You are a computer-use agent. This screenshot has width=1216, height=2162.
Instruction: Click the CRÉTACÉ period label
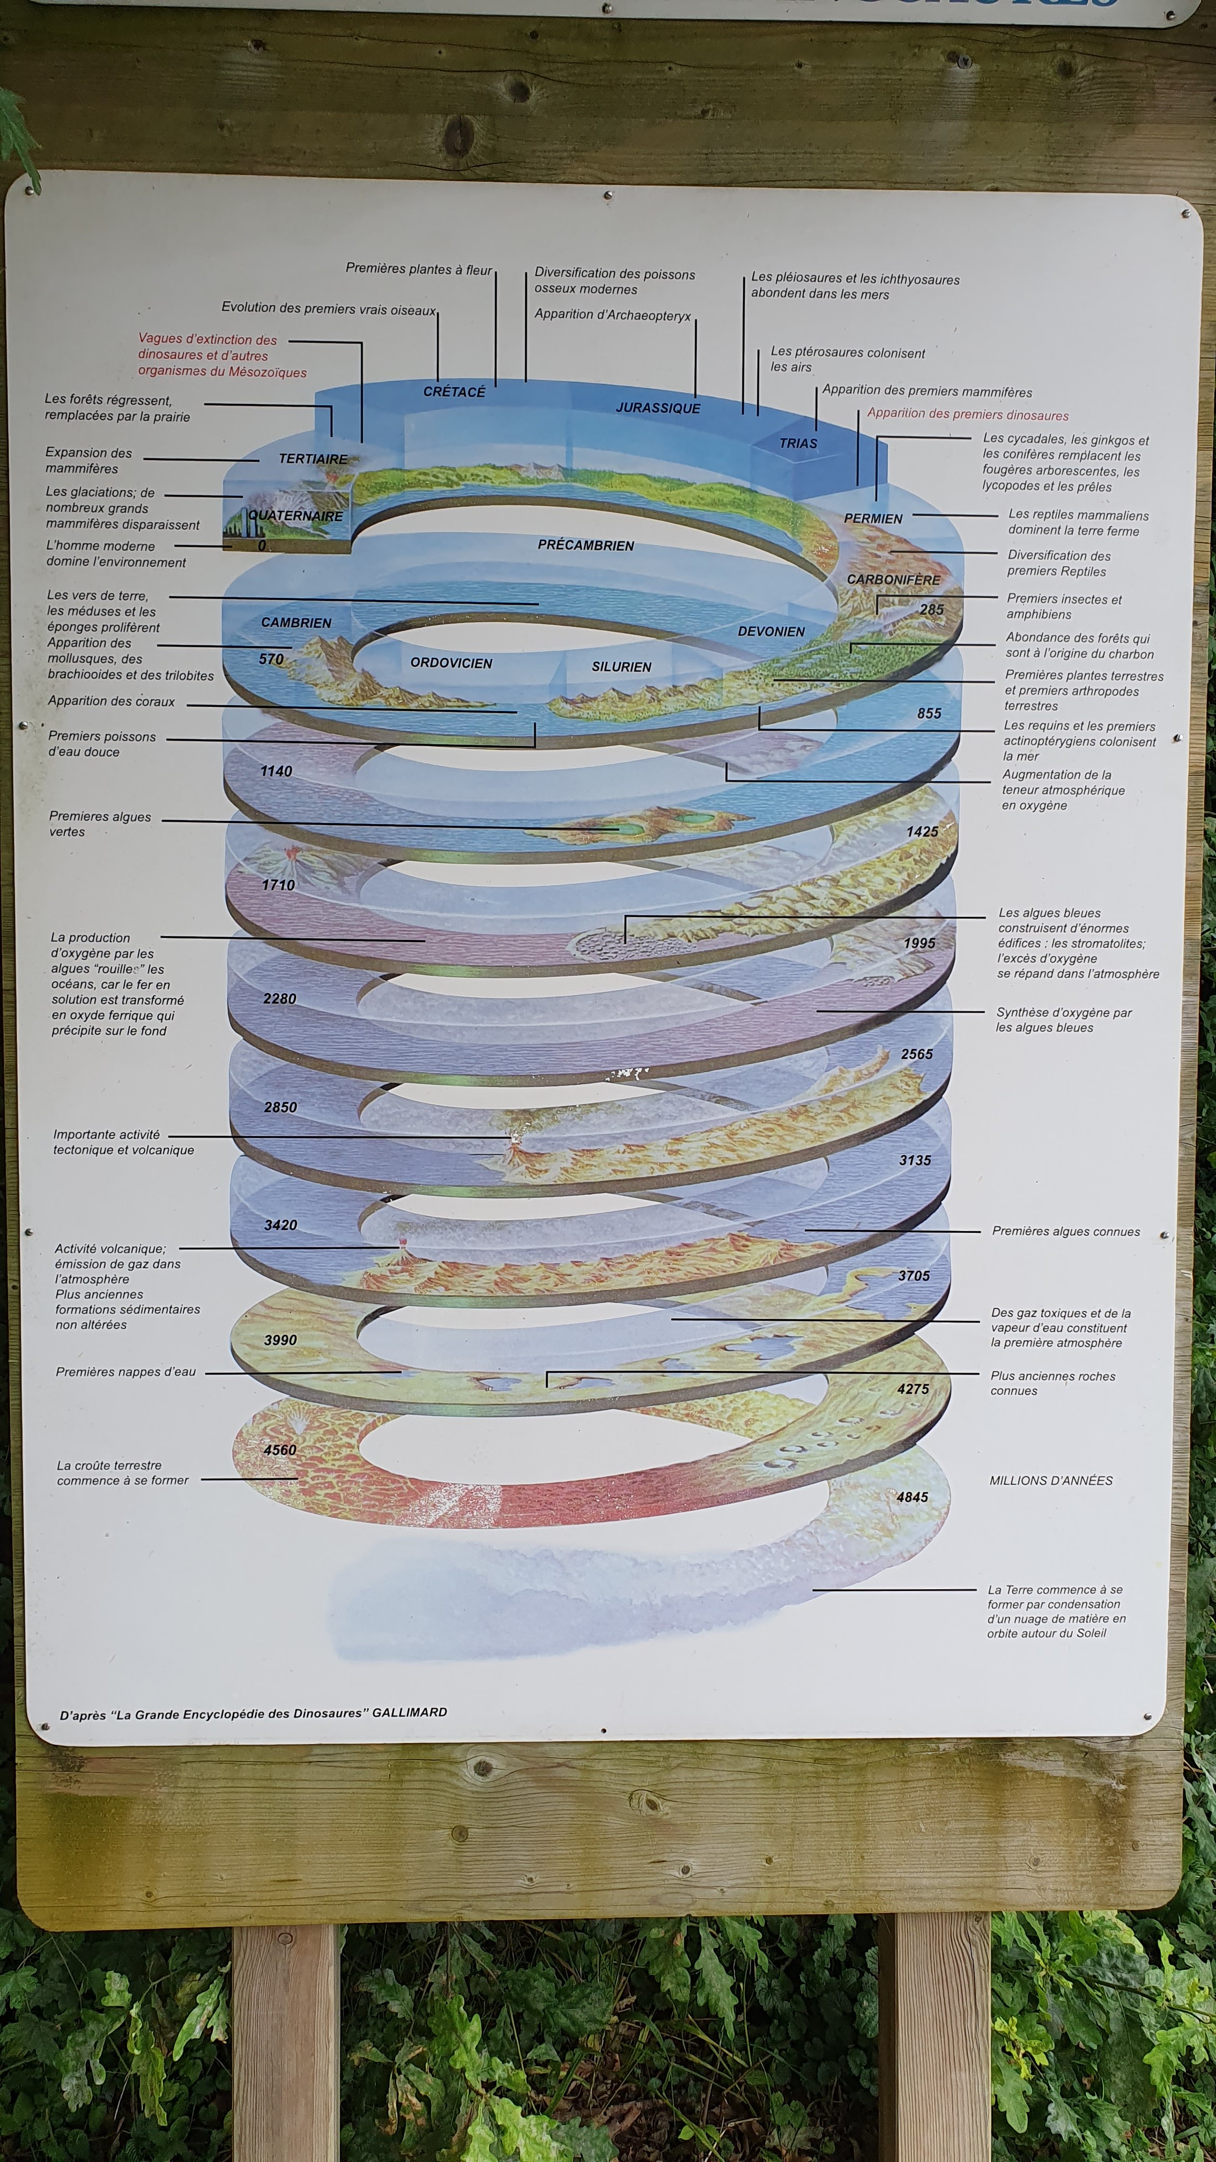click(x=454, y=392)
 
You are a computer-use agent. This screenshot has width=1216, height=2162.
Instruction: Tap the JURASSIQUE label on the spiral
click(x=658, y=408)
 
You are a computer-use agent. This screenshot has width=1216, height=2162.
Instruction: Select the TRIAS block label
click(x=798, y=443)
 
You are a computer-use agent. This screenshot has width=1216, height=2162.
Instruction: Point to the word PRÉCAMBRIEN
click(x=586, y=545)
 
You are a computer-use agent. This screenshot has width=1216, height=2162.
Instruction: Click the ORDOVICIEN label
click(x=451, y=663)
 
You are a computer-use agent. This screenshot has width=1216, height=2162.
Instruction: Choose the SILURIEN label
click(x=621, y=667)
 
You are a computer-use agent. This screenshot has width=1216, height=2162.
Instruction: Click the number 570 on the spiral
click(x=271, y=660)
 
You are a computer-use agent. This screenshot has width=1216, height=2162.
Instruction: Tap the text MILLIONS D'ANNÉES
click(x=1051, y=1480)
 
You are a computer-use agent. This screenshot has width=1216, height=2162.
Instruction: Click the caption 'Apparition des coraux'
click(x=112, y=702)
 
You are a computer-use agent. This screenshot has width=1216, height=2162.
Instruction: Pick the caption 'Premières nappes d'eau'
click(x=126, y=1372)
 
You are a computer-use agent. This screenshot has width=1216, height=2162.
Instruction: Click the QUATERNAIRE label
click(x=295, y=516)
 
